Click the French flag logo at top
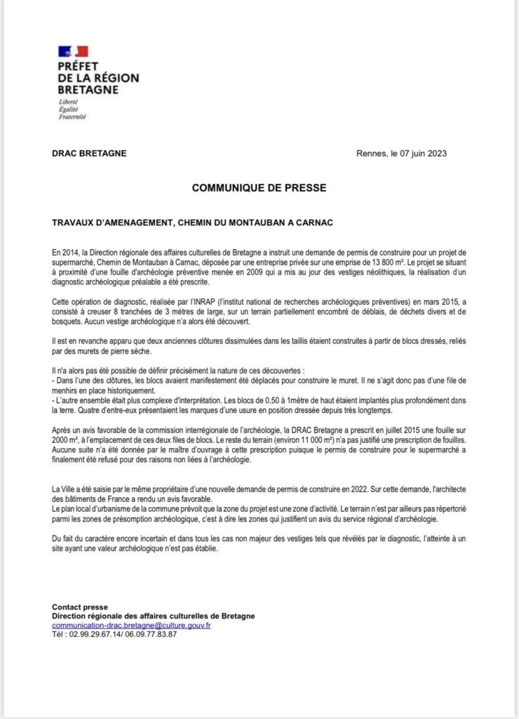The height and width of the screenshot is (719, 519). [x=72, y=51]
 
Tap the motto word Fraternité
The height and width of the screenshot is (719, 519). [x=72, y=117]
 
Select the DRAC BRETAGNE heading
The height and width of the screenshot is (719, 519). [x=90, y=154]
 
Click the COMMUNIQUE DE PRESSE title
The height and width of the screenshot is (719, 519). [x=259, y=187]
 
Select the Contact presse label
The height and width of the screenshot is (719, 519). [x=80, y=607]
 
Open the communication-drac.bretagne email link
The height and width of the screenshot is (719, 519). [x=131, y=625]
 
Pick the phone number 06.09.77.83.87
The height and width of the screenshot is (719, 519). [x=149, y=634]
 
